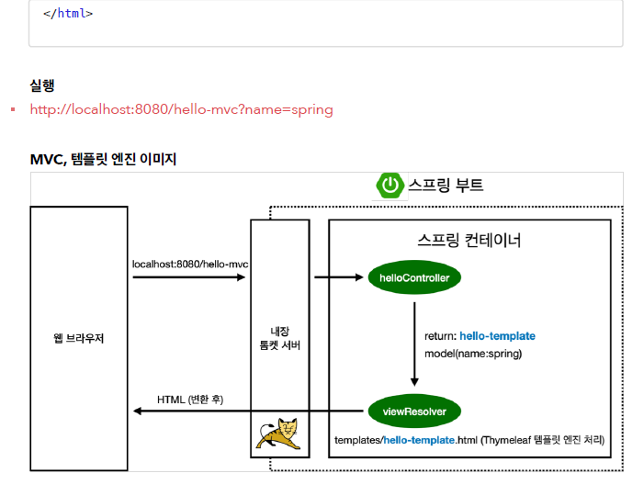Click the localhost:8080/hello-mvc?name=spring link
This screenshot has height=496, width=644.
click(x=181, y=109)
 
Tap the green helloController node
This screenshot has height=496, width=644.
click(x=413, y=276)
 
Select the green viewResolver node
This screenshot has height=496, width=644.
click(x=413, y=411)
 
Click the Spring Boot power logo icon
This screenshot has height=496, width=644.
click(x=390, y=186)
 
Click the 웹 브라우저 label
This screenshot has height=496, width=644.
click(x=78, y=338)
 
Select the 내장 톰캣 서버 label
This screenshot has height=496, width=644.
click(x=280, y=338)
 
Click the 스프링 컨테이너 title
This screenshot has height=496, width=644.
click(x=469, y=241)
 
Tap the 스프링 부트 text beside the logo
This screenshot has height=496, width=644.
click(x=446, y=186)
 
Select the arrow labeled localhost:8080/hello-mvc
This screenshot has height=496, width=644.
click(x=188, y=276)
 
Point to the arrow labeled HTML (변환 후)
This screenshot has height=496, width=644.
click(x=248, y=411)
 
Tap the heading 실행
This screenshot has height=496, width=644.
click(x=42, y=85)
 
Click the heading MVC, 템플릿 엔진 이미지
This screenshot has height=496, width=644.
click(x=103, y=159)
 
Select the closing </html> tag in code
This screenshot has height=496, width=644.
click(x=68, y=14)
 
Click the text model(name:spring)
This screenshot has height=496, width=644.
click(x=473, y=354)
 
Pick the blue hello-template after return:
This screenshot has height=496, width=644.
click(x=497, y=336)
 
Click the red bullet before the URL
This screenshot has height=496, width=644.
click(x=13, y=110)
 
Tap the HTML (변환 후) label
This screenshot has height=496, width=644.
click(x=190, y=400)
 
